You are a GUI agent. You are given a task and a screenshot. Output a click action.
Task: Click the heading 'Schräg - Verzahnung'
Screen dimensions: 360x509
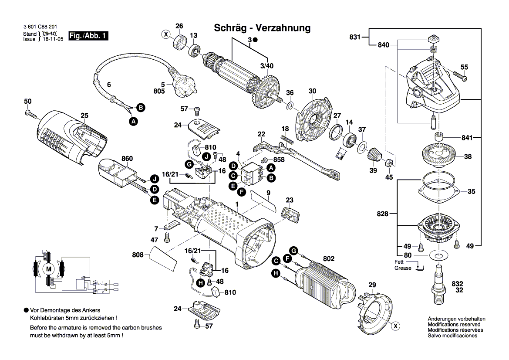(x=262, y=28)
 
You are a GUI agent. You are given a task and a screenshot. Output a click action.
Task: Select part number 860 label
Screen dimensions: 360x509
(x=127, y=159)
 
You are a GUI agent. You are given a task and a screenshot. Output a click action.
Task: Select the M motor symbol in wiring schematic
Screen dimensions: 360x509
(x=49, y=269)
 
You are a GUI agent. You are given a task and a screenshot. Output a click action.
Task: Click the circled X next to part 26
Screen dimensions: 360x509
(x=165, y=34)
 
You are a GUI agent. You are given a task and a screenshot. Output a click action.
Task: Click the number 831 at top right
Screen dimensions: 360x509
(x=355, y=37)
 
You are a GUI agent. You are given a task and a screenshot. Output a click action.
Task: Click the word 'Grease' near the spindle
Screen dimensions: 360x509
(x=403, y=268)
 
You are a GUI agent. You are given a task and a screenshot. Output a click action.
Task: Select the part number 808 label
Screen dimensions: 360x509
(x=138, y=254)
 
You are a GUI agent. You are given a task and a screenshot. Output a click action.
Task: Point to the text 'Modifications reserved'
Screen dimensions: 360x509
(x=454, y=325)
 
